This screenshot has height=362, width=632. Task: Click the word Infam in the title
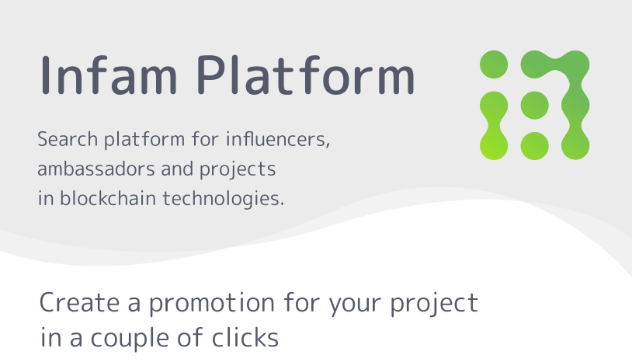click(109, 75)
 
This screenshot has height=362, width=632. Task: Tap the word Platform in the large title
click(306, 75)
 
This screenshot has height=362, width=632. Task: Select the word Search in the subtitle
click(68, 140)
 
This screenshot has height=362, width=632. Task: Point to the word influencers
click(278, 140)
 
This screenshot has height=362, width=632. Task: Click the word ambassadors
click(96, 169)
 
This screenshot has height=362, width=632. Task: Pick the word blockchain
click(108, 198)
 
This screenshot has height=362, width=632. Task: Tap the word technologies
click(224, 199)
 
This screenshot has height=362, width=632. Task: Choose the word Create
click(79, 302)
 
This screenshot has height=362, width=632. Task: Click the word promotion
click(212, 304)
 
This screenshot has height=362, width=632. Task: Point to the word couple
click(130, 338)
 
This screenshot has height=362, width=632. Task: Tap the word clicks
click(245, 337)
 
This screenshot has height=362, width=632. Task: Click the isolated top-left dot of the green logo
click(494, 64)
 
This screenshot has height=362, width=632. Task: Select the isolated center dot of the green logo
click(534, 105)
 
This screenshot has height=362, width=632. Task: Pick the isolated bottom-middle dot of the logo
click(534, 146)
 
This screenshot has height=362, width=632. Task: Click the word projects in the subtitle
click(238, 170)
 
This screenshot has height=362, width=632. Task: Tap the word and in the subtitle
click(177, 169)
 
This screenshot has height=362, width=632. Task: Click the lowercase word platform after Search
click(144, 141)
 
